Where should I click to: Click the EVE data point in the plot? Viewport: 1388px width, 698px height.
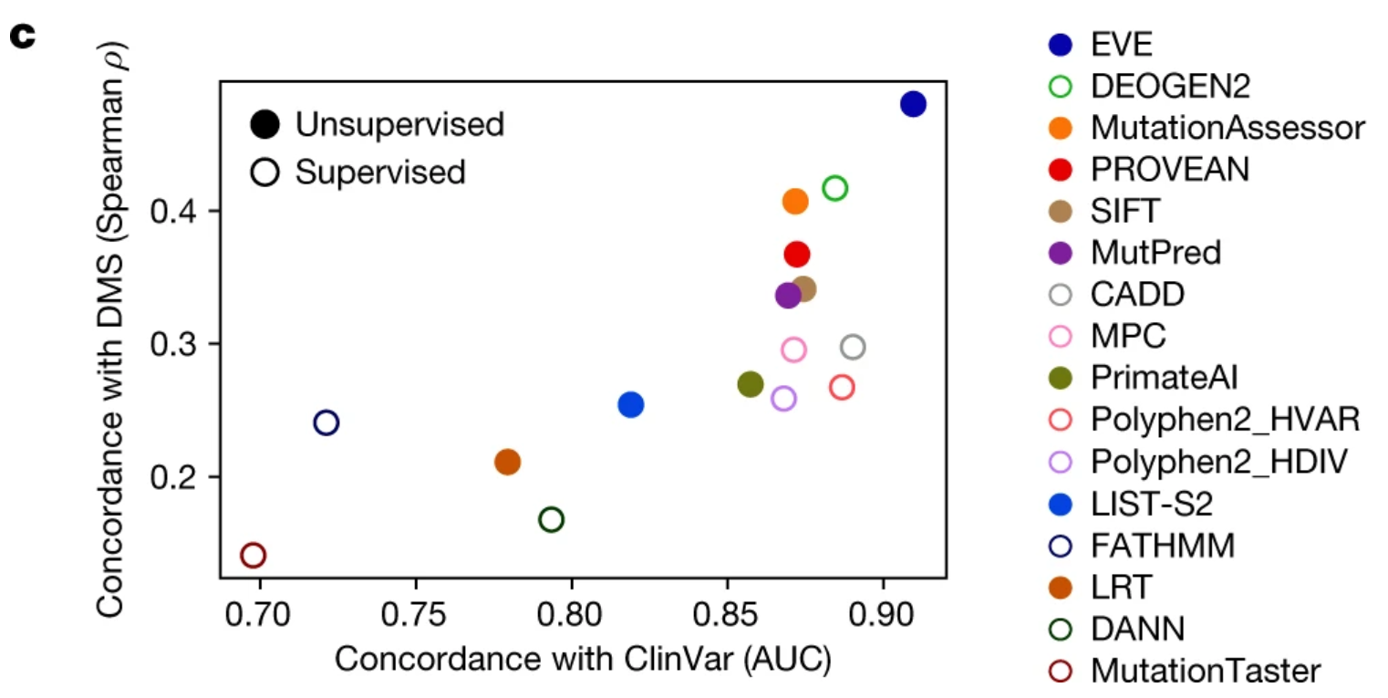tap(913, 104)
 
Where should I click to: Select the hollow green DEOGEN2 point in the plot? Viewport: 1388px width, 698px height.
tap(834, 189)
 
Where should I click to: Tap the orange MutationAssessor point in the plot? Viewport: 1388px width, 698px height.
tap(795, 202)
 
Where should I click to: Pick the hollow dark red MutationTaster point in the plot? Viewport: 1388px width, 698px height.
tap(253, 555)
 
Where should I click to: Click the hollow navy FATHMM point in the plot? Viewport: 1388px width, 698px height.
tap(326, 422)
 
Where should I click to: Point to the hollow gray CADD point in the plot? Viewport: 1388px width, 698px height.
tap(853, 347)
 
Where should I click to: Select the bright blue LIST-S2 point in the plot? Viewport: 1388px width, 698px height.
tap(630, 404)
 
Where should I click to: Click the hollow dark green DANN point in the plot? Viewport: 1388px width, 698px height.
tap(551, 519)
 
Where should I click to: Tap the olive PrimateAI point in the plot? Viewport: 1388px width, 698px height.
tap(750, 384)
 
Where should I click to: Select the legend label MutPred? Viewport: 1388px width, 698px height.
tap(1155, 253)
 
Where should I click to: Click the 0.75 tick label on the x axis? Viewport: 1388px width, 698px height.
tap(416, 607)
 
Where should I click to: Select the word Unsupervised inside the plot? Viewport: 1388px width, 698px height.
tap(399, 125)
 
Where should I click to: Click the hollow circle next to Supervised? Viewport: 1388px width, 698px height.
tap(265, 172)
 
